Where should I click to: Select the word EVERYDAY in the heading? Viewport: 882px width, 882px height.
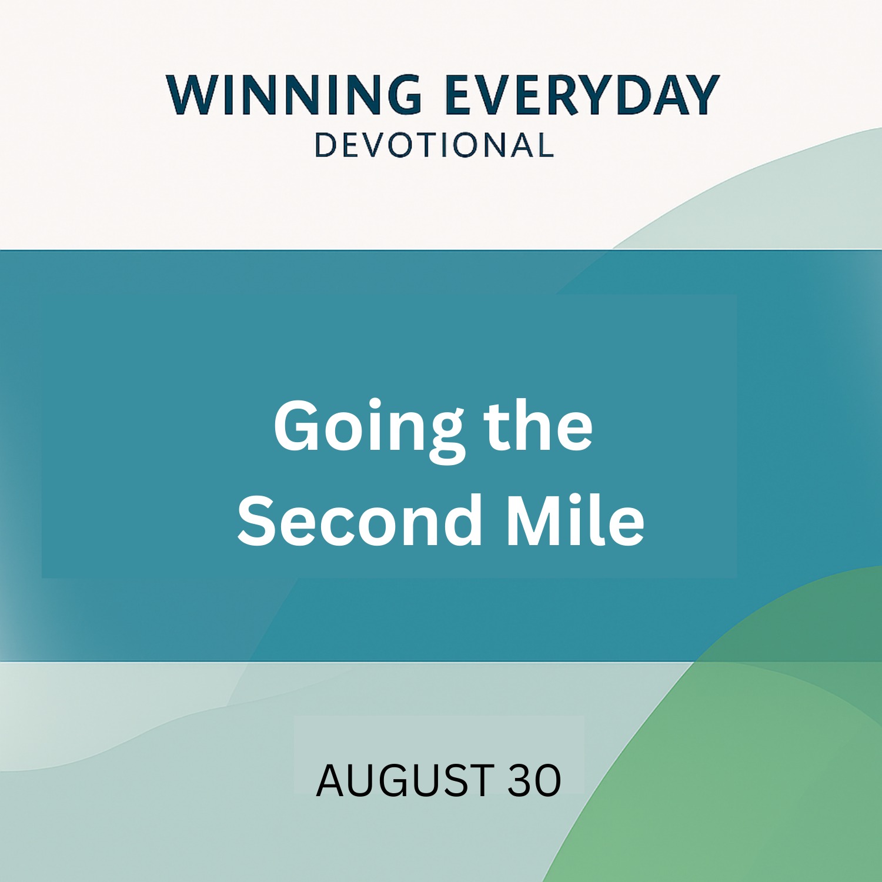(x=582, y=95)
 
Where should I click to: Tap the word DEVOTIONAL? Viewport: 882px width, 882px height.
(x=435, y=145)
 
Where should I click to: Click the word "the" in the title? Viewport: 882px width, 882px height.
(x=538, y=425)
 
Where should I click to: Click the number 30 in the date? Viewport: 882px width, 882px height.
(x=534, y=780)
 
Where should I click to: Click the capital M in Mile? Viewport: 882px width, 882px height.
(x=536, y=520)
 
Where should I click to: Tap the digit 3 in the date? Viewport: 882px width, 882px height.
(x=520, y=780)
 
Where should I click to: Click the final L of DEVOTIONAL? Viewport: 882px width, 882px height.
(x=544, y=145)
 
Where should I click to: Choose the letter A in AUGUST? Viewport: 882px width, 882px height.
(x=331, y=780)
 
